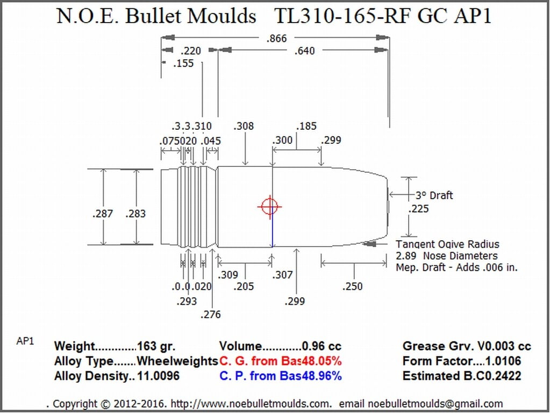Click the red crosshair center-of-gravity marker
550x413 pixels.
click(x=269, y=206)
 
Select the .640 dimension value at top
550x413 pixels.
click(x=304, y=51)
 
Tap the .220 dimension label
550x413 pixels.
click(x=190, y=51)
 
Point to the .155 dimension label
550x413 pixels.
click(x=183, y=64)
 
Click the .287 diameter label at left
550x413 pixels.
click(x=102, y=213)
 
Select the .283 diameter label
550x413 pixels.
click(x=135, y=213)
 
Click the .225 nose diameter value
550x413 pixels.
click(x=418, y=208)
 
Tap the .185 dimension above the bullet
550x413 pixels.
click(x=306, y=127)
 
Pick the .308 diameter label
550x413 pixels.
click(x=244, y=127)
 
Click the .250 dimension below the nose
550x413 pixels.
click(x=352, y=286)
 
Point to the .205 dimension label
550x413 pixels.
click(x=244, y=286)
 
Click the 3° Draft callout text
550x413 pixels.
click(x=434, y=195)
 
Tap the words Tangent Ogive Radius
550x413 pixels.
click(x=447, y=244)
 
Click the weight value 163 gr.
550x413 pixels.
click(x=156, y=346)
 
